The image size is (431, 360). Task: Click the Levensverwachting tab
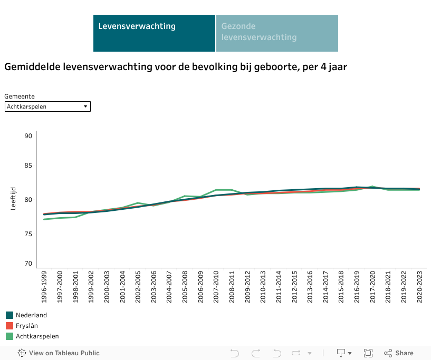click(x=154, y=33)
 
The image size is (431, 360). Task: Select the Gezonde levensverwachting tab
click(x=276, y=33)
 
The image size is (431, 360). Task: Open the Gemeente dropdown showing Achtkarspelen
click(x=47, y=106)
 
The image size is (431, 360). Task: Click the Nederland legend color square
click(x=9, y=315)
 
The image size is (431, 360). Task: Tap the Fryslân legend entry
click(x=27, y=326)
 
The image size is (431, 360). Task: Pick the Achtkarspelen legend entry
click(x=37, y=336)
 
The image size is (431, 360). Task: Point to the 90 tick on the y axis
click(x=28, y=136)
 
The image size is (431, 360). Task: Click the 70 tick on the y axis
click(x=28, y=264)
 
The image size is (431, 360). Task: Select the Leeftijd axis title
click(x=14, y=198)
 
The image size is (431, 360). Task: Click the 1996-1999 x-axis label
click(x=44, y=287)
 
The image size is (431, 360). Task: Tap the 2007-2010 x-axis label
click(x=216, y=287)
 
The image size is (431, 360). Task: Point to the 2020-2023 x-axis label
click(x=419, y=287)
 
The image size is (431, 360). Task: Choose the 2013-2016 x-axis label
click(x=310, y=287)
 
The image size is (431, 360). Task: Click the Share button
click(x=399, y=353)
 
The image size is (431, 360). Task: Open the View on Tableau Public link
click(x=59, y=353)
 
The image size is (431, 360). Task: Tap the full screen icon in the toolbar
click(x=369, y=353)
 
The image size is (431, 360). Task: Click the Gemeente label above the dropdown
click(x=20, y=96)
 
